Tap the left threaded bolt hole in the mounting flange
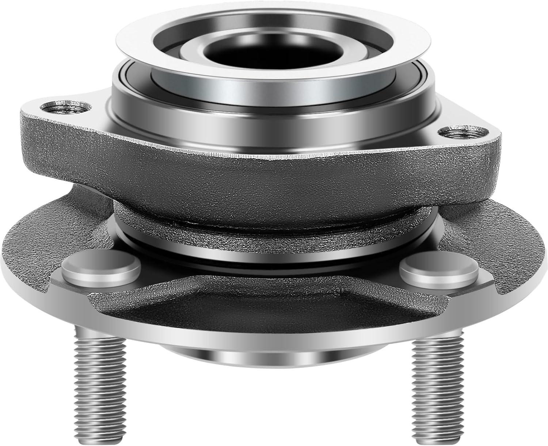click(51, 107)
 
